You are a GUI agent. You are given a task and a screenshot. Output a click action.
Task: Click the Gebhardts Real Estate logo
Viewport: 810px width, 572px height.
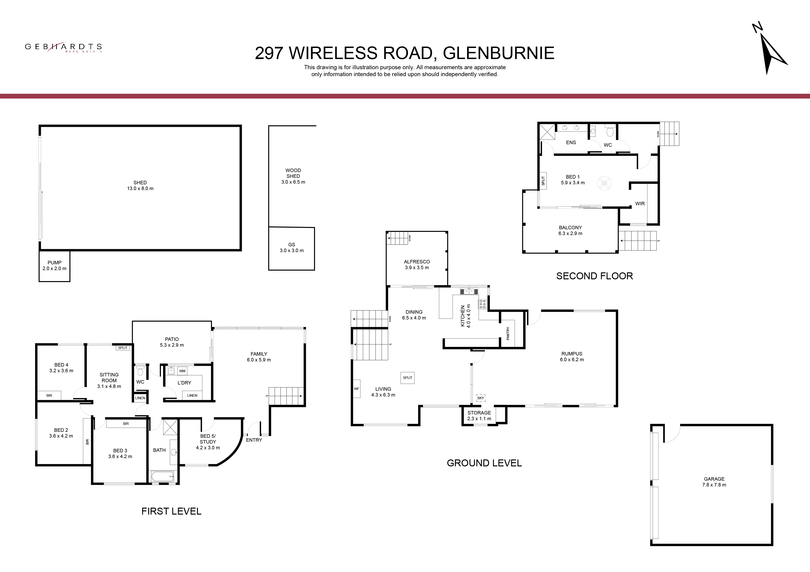[63, 47]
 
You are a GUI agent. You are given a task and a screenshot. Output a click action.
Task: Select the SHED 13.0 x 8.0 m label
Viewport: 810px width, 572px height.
[140, 185]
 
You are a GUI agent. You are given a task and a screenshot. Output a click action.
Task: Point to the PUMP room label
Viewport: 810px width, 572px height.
[54, 265]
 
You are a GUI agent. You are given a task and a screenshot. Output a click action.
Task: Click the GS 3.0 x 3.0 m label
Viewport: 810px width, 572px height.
[291, 247]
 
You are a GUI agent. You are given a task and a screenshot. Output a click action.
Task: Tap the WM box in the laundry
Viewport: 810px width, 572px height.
[182, 371]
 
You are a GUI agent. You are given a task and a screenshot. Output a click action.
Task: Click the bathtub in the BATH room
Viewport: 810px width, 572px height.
[163, 477]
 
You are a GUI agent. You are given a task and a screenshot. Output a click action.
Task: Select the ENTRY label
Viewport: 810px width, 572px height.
[254, 440]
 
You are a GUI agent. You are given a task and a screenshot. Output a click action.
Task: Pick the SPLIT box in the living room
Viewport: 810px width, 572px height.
[408, 378]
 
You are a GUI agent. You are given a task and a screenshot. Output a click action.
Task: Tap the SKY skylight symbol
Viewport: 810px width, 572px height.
[481, 398]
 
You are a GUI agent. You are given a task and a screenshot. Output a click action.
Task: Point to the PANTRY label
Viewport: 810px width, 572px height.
[508, 334]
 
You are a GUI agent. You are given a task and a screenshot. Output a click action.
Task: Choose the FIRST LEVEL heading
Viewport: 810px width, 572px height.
[172, 511]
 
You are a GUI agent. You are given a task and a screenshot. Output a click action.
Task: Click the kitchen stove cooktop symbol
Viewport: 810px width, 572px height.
[483, 304]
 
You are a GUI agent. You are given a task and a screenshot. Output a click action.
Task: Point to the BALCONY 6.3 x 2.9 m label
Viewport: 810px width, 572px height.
[571, 230]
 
